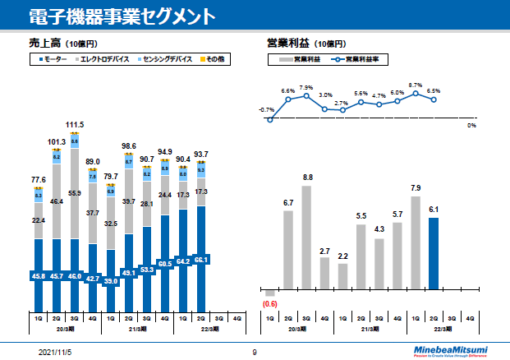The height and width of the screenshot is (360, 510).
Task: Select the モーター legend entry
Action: pos(53,59)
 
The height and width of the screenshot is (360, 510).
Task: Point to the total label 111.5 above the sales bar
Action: pos(75,125)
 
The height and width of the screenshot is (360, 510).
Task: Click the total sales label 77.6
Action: pos(39,179)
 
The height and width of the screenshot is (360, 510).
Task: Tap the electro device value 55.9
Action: pos(75,193)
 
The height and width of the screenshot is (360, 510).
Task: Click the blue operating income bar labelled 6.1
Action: pos(434,253)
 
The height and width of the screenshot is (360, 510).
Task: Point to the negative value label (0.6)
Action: pos(269,304)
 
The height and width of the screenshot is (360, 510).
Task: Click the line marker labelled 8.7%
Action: pos(416,94)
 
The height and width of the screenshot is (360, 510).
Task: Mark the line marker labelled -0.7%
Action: pos(269,120)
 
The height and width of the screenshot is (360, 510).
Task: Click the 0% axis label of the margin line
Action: pos(471,125)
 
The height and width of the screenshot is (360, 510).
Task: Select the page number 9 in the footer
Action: pos(255,352)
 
